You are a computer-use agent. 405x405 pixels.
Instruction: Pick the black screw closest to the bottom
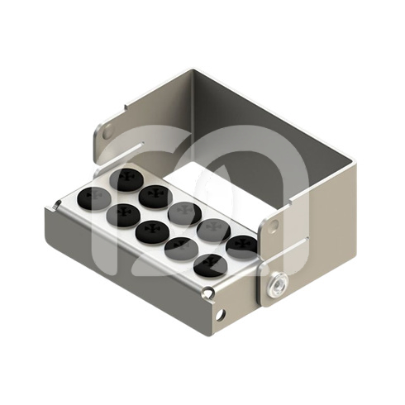click(210, 265)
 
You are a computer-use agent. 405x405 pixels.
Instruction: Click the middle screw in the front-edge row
click(152, 232)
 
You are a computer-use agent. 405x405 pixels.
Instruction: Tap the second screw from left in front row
click(122, 216)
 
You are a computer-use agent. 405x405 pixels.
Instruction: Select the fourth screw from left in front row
click(181, 249)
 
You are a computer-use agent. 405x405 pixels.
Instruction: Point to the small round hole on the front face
click(220, 314)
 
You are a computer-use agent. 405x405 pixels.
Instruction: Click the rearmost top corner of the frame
click(192, 71)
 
